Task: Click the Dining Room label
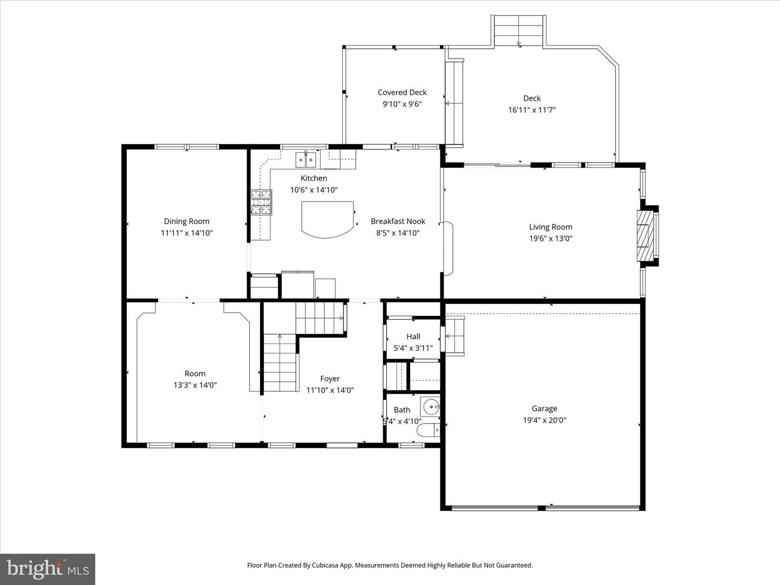186,222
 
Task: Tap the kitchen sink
305,159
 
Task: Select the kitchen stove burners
261,203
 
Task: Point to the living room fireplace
645,236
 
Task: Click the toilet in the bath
428,430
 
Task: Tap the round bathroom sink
430,407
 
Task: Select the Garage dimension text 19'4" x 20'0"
544,420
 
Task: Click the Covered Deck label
402,92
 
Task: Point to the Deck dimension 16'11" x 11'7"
532,110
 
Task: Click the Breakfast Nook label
398,222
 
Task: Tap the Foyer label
330,379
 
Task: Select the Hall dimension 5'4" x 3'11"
413,348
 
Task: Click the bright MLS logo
48,569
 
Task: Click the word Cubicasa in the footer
325,565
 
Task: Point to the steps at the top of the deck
518,30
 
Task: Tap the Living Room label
550,227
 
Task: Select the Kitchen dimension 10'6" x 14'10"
314,190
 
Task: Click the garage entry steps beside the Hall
455,336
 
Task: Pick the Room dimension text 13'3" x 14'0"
195,385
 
